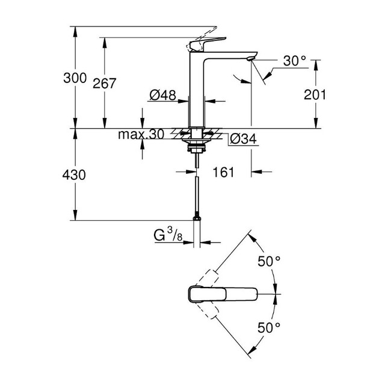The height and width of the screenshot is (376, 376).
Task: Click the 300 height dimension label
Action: pyautogui.click(x=75, y=78)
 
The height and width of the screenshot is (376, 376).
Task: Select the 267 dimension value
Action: pyautogui.click(x=104, y=83)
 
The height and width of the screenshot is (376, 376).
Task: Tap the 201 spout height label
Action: pyautogui.click(x=315, y=94)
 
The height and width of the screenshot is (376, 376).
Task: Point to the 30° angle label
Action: pyautogui.click(x=294, y=61)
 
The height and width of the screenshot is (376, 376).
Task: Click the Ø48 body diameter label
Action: pyautogui.click(x=163, y=95)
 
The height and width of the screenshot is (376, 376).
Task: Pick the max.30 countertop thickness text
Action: pyautogui.click(x=141, y=134)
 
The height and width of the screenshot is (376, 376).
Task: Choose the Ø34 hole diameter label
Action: pyautogui.click(x=243, y=138)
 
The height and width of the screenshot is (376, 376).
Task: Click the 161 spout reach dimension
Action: pyautogui.click(x=223, y=172)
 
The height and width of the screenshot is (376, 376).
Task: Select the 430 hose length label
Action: pyautogui.click(x=74, y=175)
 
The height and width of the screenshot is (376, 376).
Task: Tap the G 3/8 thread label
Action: pyautogui.click(x=168, y=235)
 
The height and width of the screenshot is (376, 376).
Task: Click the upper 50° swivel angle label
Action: pyautogui.click(x=269, y=261)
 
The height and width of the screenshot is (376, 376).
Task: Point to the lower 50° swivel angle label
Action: pyautogui.click(x=269, y=327)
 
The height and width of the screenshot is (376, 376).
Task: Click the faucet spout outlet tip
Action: pyautogui.click(x=250, y=59)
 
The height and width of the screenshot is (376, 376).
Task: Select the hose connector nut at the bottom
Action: pyautogui.click(x=197, y=218)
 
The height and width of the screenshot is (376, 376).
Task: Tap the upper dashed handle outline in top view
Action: pyautogui.click(x=207, y=279)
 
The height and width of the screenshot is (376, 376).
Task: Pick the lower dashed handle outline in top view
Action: pyautogui.click(x=207, y=310)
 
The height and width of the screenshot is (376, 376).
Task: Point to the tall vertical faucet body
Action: pyautogui.click(x=197, y=89)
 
